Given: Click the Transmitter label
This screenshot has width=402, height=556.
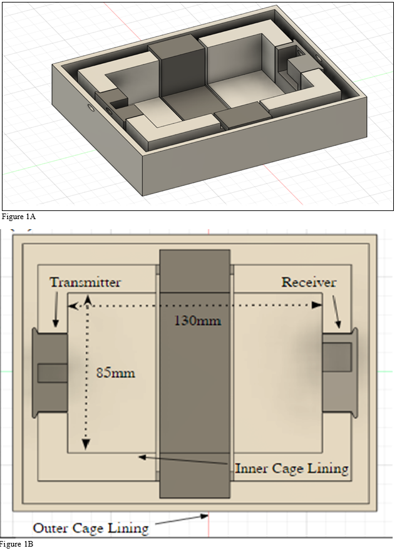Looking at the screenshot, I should (x=86, y=282).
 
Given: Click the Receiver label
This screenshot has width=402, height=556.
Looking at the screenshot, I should (x=308, y=282).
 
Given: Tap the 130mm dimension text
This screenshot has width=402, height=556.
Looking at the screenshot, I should (x=196, y=321).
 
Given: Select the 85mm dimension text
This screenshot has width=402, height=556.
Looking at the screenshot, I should (x=115, y=373).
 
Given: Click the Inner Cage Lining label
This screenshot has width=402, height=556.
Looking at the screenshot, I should (x=291, y=468).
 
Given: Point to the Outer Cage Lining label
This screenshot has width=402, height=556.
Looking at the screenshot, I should (x=91, y=528).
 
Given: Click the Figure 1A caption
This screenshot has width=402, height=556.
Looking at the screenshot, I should (x=19, y=217).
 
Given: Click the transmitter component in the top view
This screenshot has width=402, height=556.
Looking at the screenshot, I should (x=50, y=373).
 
